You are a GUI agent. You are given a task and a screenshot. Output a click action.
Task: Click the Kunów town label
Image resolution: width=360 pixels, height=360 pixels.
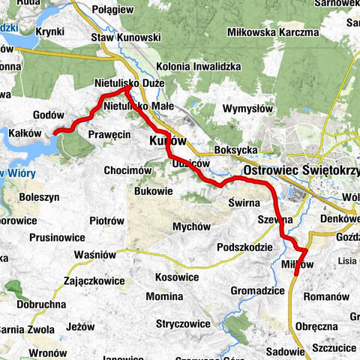tap(168, 141)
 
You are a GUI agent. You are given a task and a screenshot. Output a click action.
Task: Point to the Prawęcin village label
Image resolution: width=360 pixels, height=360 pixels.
tap(110, 133)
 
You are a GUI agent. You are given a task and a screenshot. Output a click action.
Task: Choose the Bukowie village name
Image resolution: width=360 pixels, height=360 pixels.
tap(153, 192)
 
